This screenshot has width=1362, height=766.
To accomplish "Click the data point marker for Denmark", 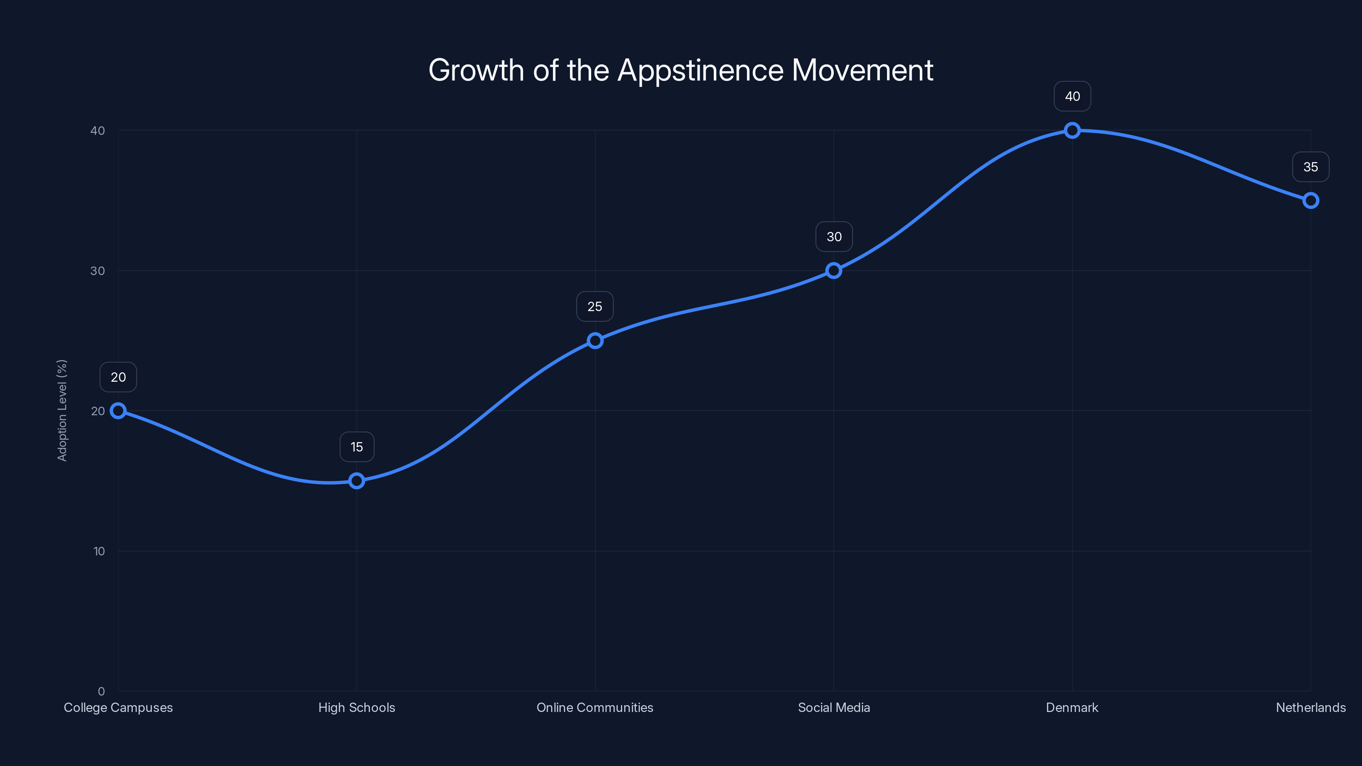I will [x=1072, y=130].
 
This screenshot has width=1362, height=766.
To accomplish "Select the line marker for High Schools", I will [x=356, y=480].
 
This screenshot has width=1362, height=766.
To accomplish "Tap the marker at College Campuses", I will [x=118, y=411].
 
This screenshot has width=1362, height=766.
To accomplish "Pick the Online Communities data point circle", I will [x=595, y=340].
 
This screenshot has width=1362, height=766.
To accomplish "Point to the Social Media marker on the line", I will [x=833, y=271].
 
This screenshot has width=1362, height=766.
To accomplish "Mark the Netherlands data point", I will [x=1310, y=200].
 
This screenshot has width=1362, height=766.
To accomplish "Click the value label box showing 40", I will [x=1072, y=96].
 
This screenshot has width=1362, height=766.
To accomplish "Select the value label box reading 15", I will [x=356, y=447].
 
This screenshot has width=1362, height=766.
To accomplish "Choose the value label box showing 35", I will [x=1310, y=167].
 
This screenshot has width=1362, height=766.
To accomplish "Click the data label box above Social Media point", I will [x=834, y=237].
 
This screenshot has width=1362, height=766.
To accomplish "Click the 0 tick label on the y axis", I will [x=101, y=692].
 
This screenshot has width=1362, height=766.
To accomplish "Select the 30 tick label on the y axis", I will [x=98, y=271].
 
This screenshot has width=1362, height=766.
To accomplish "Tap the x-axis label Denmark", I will [x=1072, y=707].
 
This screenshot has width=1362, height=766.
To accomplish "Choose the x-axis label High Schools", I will [x=356, y=707].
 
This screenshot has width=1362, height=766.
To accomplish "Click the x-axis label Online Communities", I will [x=595, y=707].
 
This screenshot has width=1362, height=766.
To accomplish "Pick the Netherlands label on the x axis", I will [x=1310, y=707].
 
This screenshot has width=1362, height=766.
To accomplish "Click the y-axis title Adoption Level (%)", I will [x=62, y=410].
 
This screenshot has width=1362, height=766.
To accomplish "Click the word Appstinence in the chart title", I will [x=701, y=71].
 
